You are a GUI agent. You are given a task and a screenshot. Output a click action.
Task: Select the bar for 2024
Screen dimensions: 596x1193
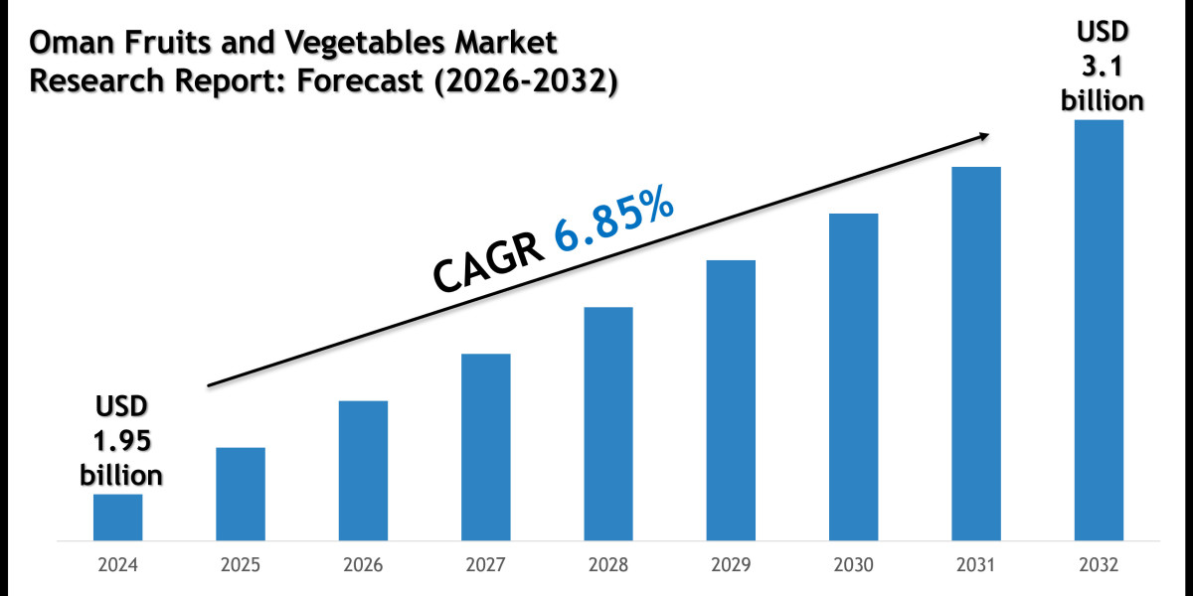(117, 518)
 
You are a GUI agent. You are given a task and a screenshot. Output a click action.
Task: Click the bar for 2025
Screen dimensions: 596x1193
(241, 494)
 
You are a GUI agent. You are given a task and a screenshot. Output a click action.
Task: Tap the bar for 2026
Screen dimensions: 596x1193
(363, 471)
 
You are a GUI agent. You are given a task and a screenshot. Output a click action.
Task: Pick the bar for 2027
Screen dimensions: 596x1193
(485, 447)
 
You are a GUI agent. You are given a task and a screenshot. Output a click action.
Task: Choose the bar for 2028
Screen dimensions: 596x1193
(608, 424)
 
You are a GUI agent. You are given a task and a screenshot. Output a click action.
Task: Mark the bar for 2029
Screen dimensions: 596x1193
(731, 400)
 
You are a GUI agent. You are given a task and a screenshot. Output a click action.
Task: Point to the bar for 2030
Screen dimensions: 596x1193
(853, 377)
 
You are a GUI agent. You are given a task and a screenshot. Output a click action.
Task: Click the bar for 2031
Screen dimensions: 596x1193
(976, 354)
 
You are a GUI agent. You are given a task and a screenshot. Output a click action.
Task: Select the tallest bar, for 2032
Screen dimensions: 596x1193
(1099, 331)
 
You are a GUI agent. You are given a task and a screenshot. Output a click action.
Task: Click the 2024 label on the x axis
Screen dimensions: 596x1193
(117, 565)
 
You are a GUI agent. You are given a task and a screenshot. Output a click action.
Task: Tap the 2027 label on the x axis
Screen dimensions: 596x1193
(485, 565)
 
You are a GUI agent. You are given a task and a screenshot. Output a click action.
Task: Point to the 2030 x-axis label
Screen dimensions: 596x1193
(853, 565)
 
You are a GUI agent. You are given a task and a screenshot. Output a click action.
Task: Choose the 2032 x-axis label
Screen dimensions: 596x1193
(1099, 565)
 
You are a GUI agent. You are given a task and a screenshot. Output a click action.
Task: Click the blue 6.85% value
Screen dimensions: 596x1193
(614, 226)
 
